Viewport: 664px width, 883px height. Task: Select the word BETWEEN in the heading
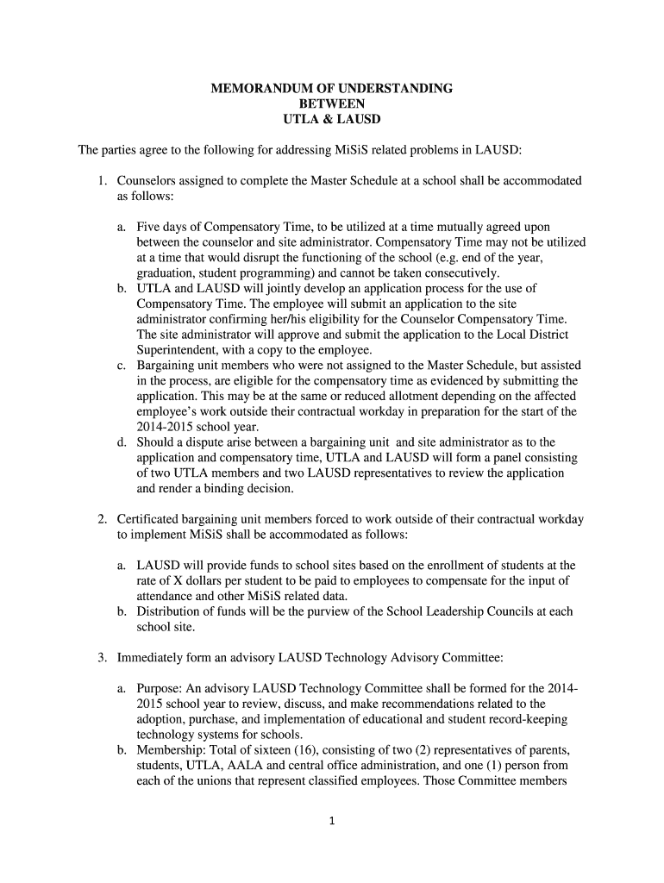[332, 103]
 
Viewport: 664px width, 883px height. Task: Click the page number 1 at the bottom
[332, 821]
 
